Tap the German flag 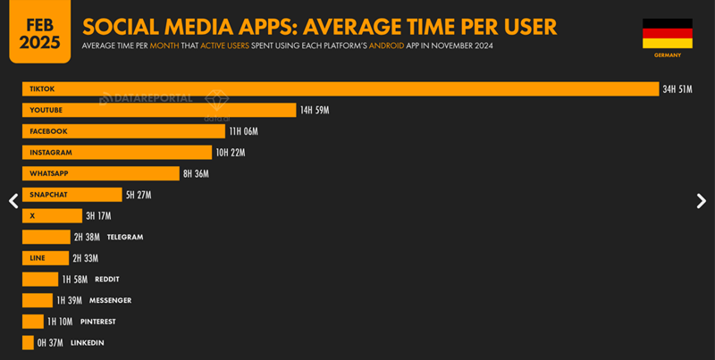point(667,33)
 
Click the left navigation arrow point(13,201)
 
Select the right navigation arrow point(701,201)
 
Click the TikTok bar point(340,89)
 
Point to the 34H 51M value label point(677,89)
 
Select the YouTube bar point(159,110)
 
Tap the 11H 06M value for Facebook point(243,131)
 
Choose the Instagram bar point(117,153)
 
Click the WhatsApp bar point(100,173)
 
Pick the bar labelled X point(50,216)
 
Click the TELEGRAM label point(125,237)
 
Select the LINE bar point(45,258)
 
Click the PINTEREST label point(97,322)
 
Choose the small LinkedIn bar point(28,342)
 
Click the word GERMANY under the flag point(667,55)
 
